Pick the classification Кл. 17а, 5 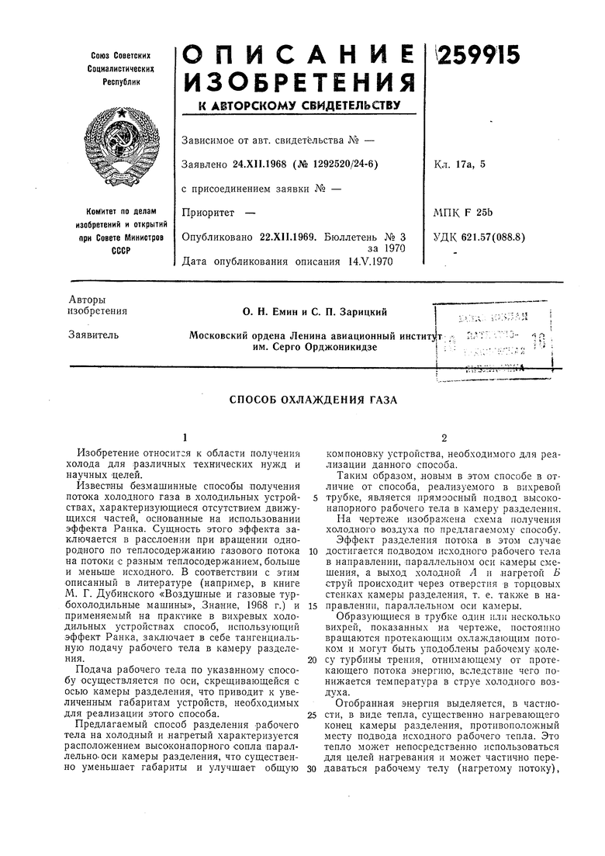coord(461,164)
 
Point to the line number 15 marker coord(311,605)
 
